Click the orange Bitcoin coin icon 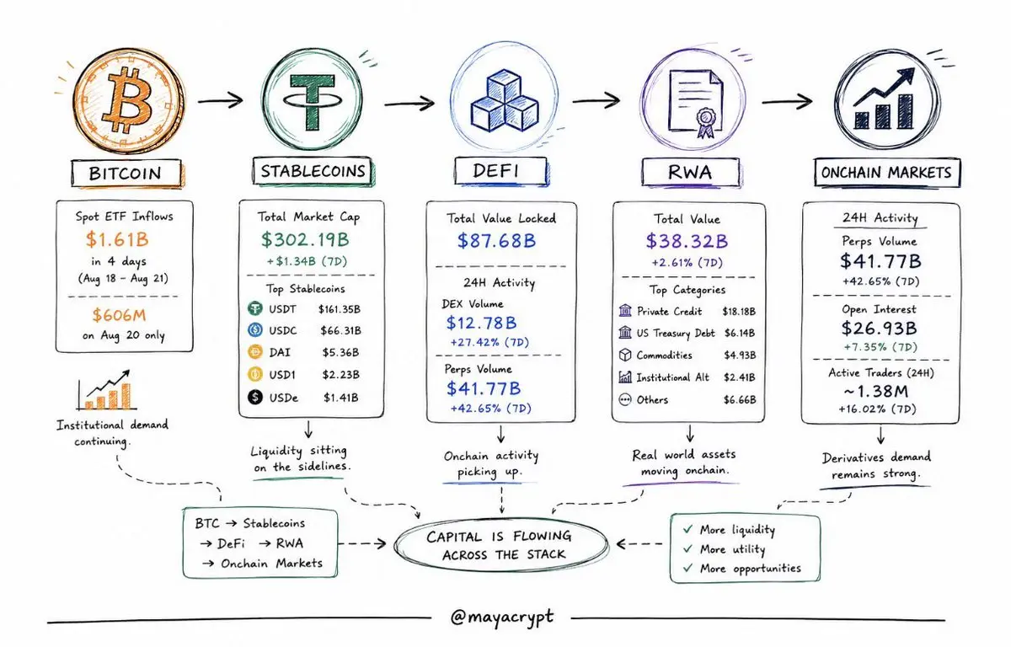click(x=129, y=100)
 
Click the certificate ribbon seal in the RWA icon click(x=706, y=122)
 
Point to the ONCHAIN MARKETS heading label click(x=886, y=173)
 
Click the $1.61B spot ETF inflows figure click(x=117, y=239)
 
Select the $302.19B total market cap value click(x=305, y=239)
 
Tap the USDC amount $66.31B click(x=340, y=331)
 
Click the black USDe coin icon click(x=255, y=397)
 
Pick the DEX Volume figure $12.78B click(x=481, y=323)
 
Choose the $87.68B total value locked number click(x=496, y=241)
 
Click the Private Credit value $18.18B click(x=739, y=312)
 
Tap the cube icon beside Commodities click(x=625, y=355)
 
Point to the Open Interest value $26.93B click(x=879, y=328)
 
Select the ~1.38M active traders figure click(x=875, y=391)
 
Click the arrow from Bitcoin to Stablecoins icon click(x=221, y=100)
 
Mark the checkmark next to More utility click(x=688, y=548)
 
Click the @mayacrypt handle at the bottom click(x=502, y=618)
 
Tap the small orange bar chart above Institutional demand click(x=106, y=391)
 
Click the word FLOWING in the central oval click(x=543, y=536)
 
